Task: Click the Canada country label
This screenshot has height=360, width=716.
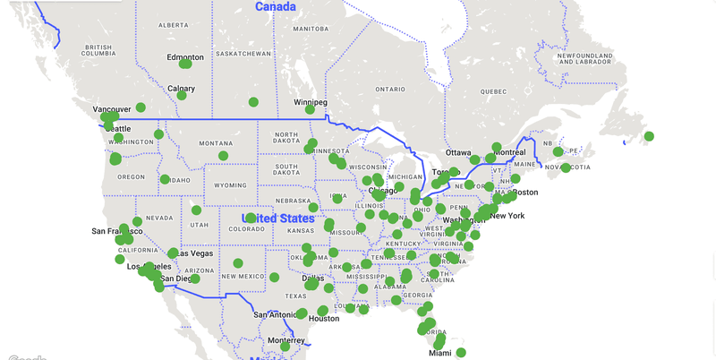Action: click(275, 7)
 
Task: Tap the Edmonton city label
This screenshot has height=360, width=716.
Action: click(185, 57)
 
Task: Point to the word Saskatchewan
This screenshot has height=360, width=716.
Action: click(243, 54)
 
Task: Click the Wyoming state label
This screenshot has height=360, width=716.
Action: click(230, 185)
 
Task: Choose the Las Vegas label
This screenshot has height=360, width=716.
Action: click(194, 253)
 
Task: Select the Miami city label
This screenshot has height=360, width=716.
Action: click(439, 353)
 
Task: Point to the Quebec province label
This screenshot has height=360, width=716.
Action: click(494, 91)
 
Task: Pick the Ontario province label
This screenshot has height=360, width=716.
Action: click(390, 90)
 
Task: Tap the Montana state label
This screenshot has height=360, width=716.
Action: click(216, 143)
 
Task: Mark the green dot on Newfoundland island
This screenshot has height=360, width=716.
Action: click(649, 137)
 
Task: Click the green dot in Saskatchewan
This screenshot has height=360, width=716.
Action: click(253, 102)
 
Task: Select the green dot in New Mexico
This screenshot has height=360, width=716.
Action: click(238, 263)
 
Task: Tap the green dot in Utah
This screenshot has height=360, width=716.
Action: click(196, 210)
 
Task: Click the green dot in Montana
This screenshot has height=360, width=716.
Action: click(223, 156)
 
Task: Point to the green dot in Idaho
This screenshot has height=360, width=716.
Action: click(165, 179)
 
